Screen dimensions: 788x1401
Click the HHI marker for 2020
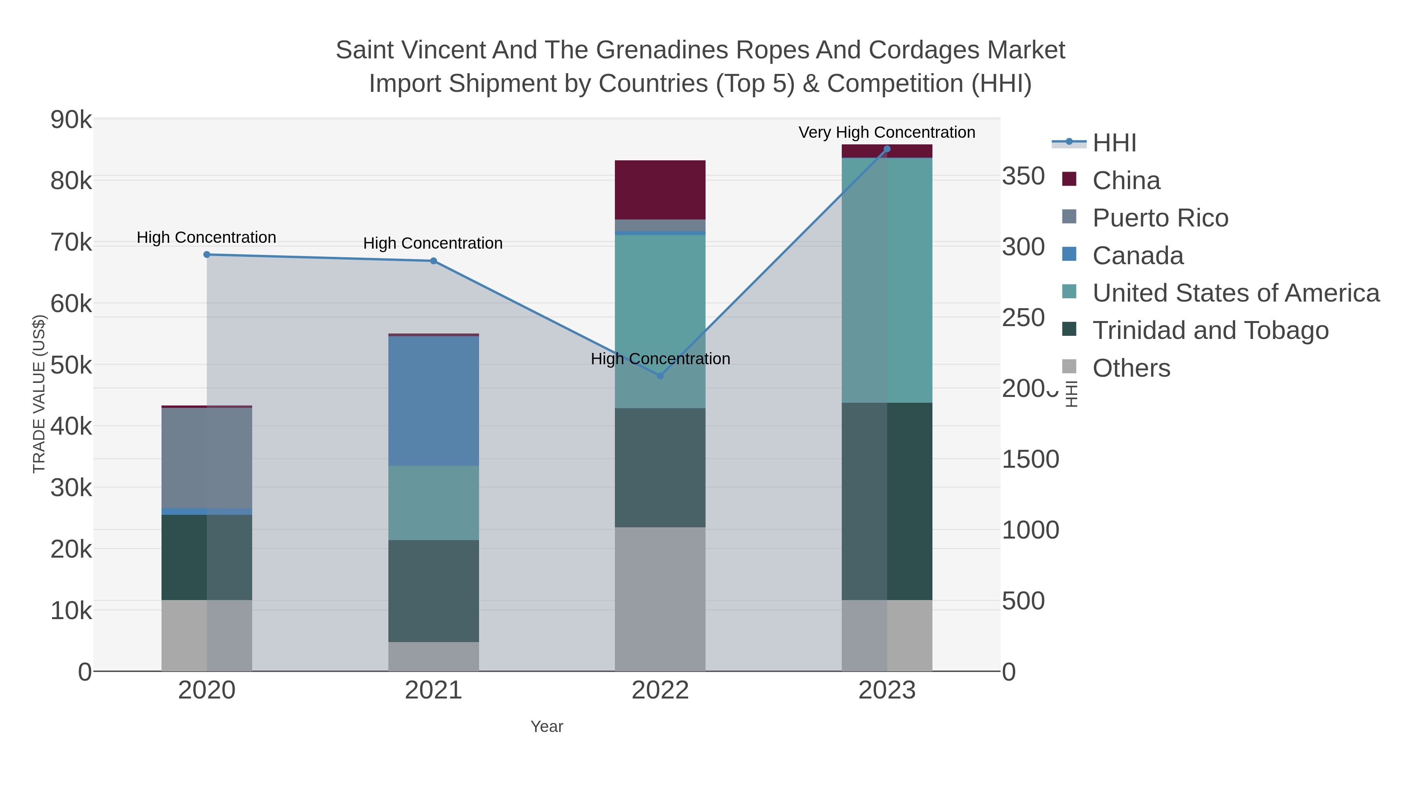tap(207, 254)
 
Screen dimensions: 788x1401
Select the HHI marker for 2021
tap(434, 261)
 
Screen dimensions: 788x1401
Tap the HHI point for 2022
tap(660, 376)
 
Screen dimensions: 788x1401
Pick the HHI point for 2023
tap(887, 149)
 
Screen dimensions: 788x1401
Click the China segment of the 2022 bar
tap(660, 190)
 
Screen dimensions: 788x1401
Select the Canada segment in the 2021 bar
tap(434, 401)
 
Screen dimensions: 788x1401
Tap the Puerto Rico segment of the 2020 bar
tap(207, 458)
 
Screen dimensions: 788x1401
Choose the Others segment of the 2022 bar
tap(660, 599)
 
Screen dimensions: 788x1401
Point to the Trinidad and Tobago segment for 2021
tap(434, 591)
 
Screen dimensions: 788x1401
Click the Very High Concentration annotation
tap(887, 132)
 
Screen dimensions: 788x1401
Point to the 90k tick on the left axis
tap(71, 119)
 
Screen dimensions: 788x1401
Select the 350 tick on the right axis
tap(1024, 176)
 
